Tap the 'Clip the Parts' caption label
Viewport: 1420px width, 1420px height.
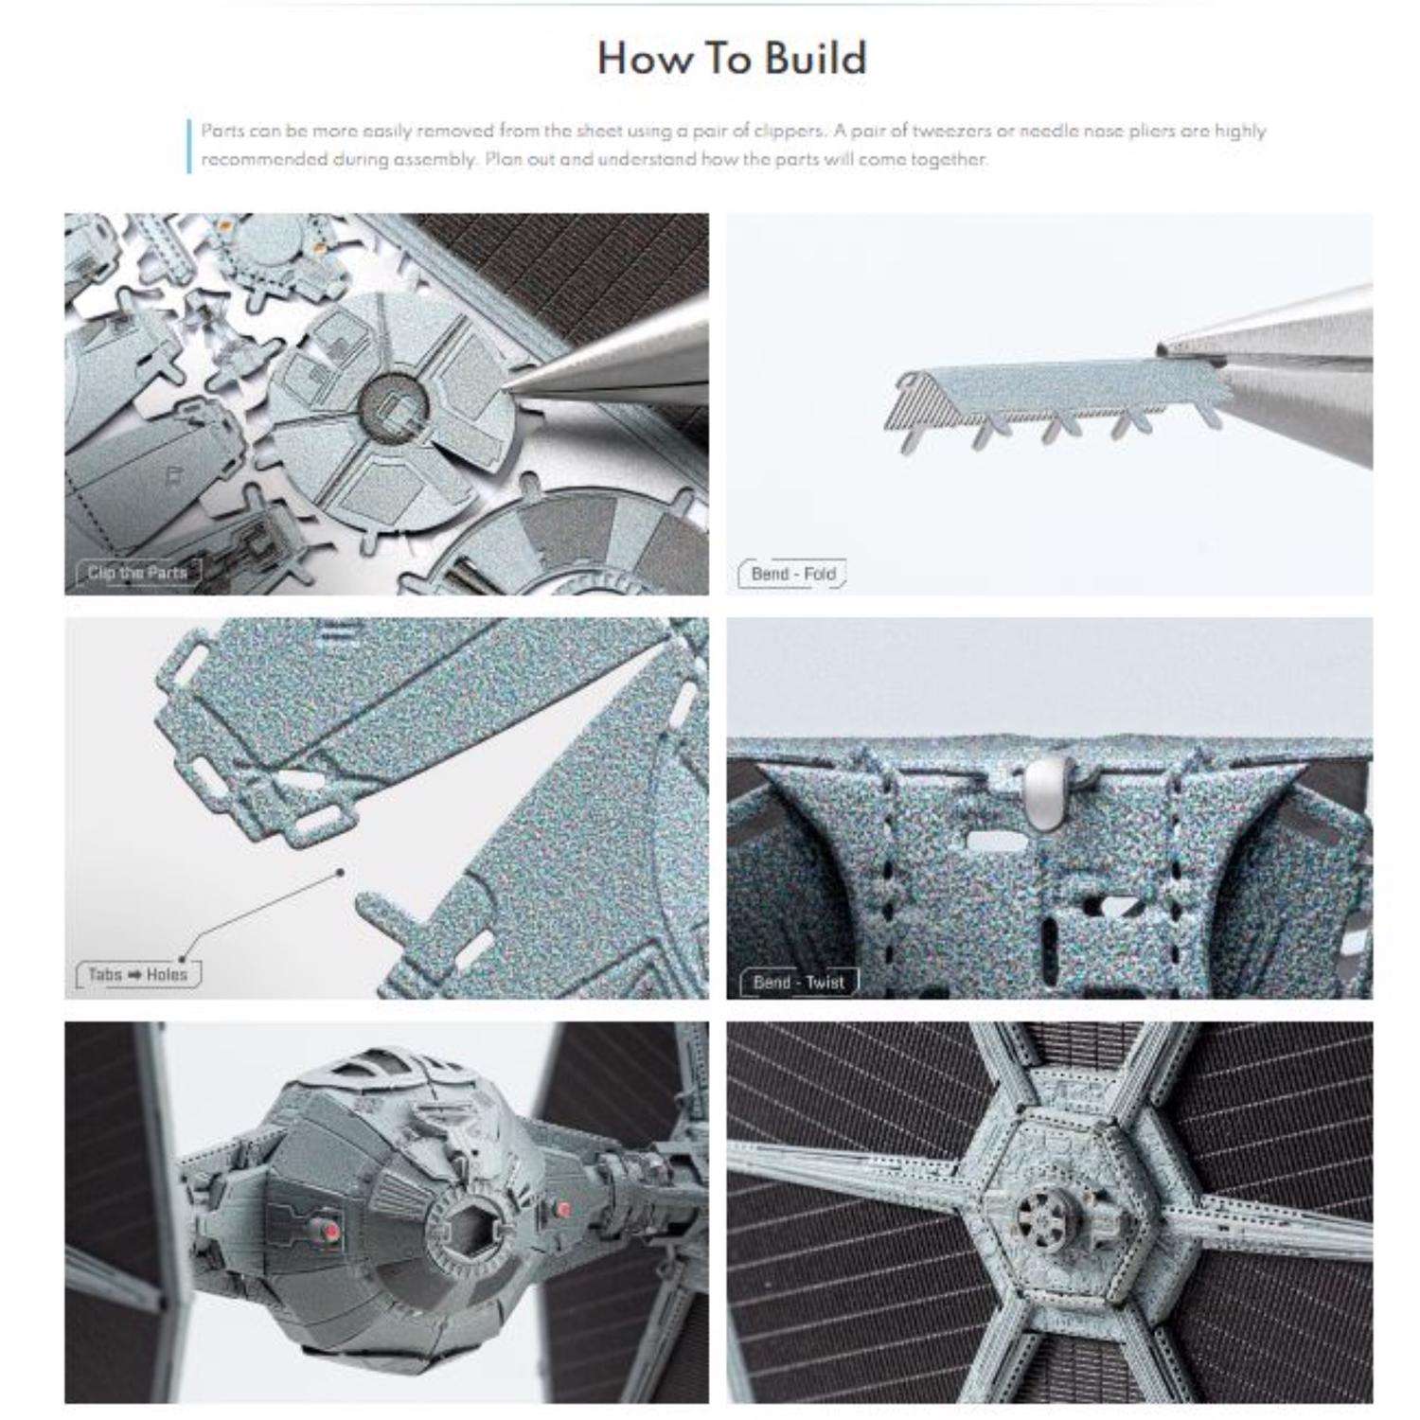[x=137, y=573]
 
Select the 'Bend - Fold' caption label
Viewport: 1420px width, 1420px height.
[x=792, y=574]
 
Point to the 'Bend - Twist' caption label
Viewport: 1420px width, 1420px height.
[x=798, y=983]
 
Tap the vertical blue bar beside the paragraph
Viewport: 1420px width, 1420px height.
[x=190, y=146]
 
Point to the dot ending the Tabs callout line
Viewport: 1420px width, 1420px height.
[x=341, y=873]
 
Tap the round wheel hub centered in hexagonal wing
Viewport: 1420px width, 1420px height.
[x=1044, y=1216]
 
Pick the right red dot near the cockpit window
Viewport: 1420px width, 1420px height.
[x=564, y=1210]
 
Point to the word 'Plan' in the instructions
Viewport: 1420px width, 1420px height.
[x=501, y=159]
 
